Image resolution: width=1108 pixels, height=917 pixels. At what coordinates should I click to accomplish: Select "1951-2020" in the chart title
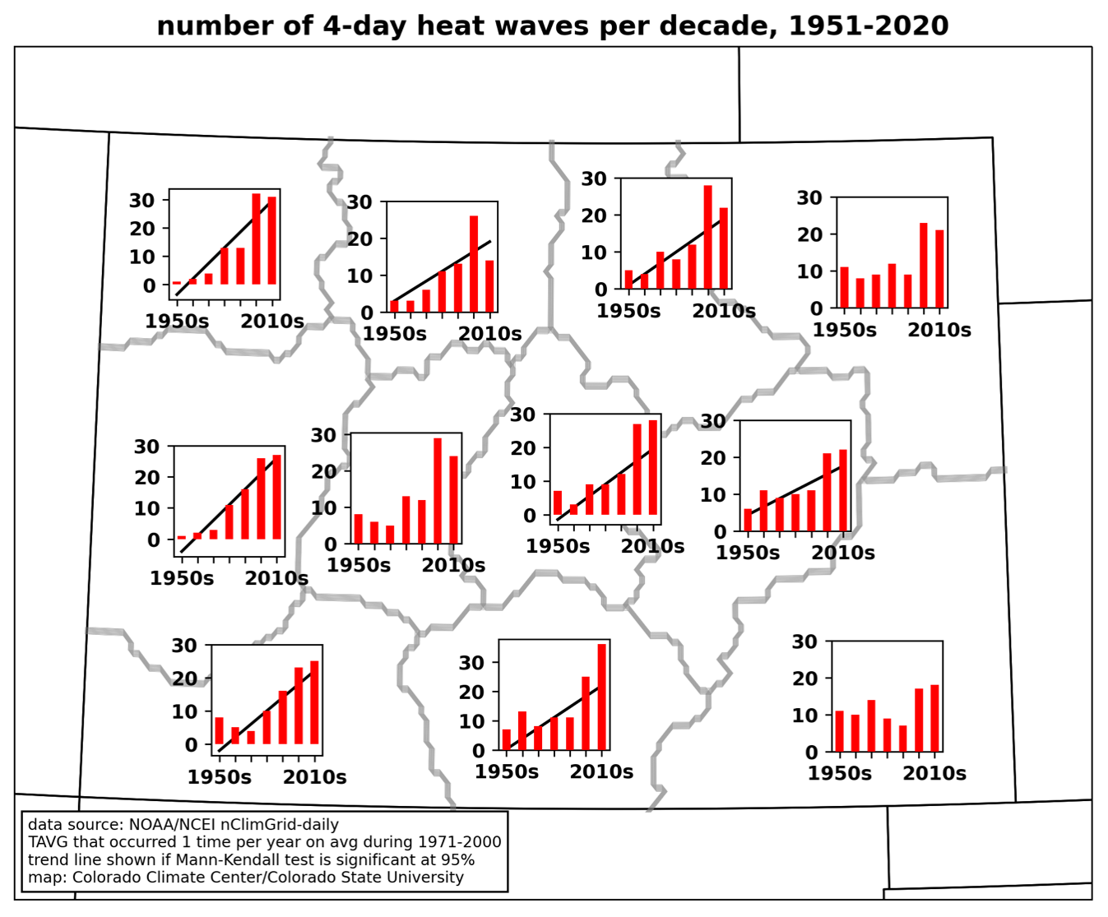coord(868,25)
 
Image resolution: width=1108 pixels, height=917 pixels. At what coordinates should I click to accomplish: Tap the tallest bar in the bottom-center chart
coord(602,697)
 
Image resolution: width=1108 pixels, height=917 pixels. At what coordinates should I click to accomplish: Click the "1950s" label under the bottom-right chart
coord(839,773)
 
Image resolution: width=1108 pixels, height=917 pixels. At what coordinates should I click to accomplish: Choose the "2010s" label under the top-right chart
coord(939,330)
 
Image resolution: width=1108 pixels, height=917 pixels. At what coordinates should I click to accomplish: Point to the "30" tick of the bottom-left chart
coord(184,646)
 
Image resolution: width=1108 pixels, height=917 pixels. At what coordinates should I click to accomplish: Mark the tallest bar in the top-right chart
coord(924,265)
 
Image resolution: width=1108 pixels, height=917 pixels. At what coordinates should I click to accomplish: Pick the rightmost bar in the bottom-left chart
coord(314,702)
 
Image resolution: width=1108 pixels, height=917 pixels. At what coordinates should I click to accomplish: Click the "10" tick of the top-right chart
coord(809,271)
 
